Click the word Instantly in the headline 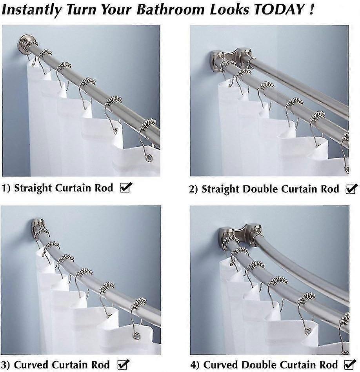tap(29, 9)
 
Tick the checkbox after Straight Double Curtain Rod tap(350, 189)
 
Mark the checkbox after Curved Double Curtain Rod tap(350, 364)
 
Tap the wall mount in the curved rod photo tap(37, 225)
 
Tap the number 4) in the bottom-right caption tap(195, 365)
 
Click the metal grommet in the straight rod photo tap(149, 158)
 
